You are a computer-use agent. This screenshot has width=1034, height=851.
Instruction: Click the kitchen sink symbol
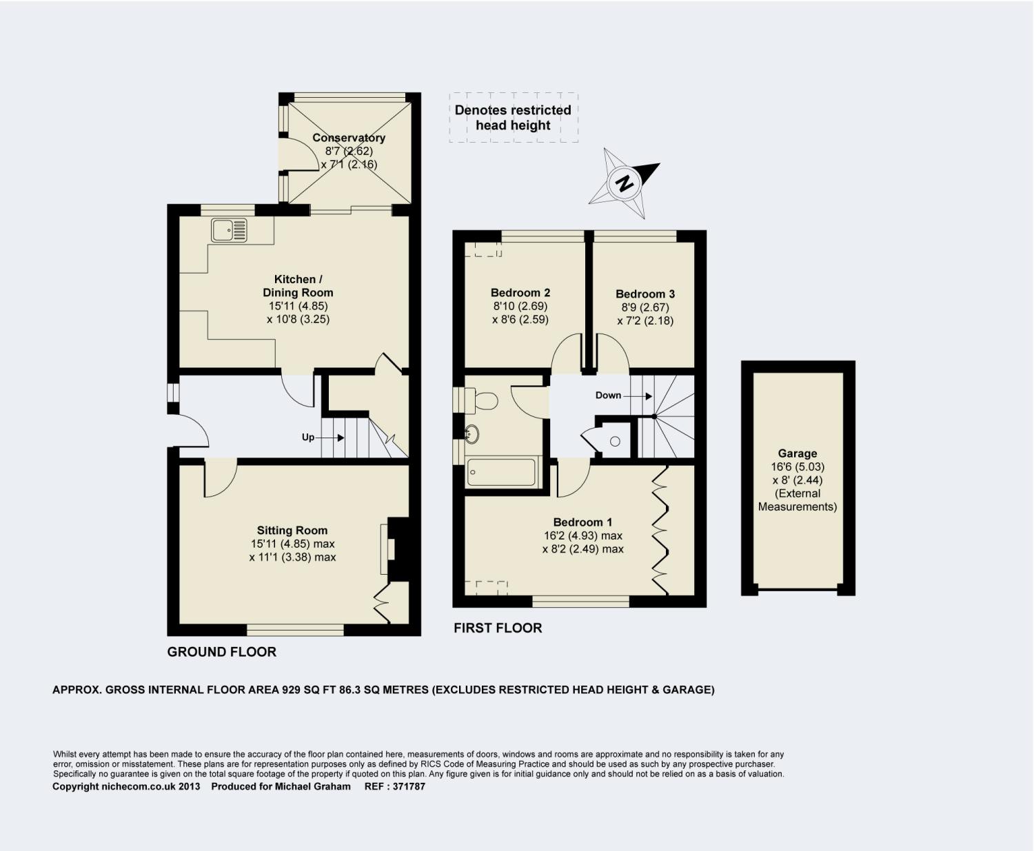pos(230,230)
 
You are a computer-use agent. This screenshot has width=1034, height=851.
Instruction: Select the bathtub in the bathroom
pos(501,473)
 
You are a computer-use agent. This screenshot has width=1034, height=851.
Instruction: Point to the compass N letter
pos(625,184)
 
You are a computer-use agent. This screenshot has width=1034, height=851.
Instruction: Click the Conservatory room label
pos(349,138)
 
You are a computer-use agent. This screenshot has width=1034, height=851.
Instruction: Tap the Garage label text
pos(798,453)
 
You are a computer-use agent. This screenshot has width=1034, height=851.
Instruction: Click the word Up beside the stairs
pos(308,438)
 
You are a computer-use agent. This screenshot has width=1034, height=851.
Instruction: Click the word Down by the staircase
pos(608,396)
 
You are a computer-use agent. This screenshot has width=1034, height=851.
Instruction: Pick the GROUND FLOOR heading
pos(221,652)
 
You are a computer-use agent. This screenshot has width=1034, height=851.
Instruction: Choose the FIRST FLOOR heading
pos(498,628)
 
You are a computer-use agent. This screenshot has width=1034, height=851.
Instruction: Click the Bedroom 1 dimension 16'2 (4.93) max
pos(582,536)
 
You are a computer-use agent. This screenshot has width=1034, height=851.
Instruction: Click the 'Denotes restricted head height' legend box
pos(514,118)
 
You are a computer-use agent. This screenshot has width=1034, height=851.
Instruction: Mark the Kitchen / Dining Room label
pos(298,286)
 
